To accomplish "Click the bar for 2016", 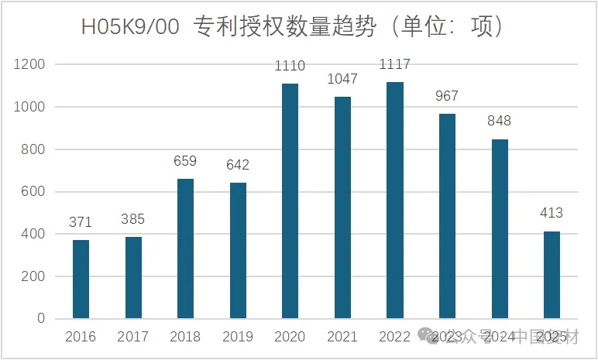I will (x=81, y=279).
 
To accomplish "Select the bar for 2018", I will (x=185, y=249).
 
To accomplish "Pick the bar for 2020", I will (x=290, y=201).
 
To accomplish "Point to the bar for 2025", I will (x=552, y=275).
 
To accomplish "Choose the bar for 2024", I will (x=500, y=228).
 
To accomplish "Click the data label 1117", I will (x=394, y=64).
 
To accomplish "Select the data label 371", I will (x=81, y=222).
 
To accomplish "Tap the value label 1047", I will (x=342, y=79).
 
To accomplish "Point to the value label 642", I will (x=237, y=165).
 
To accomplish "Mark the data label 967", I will (x=447, y=96).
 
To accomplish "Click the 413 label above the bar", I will (x=552, y=213).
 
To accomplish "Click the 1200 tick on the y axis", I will (x=30, y=64).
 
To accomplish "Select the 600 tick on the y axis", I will (x=33, y=191).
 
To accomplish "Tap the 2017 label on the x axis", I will (x=132, y=337).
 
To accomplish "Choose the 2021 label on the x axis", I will (x=342, y=337).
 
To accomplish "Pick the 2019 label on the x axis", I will (x=237, y=337).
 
